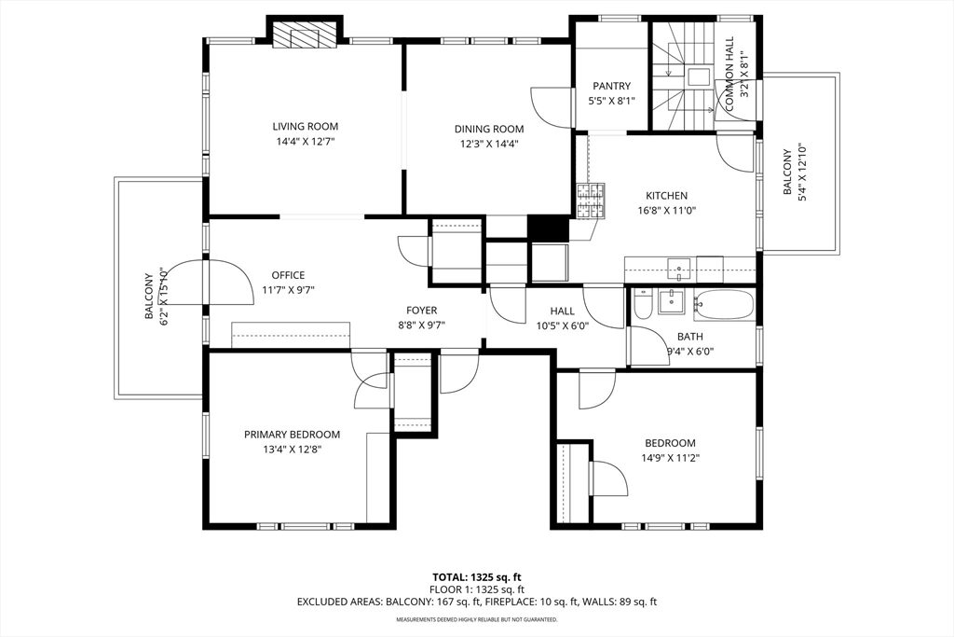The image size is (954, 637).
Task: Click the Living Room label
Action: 305,127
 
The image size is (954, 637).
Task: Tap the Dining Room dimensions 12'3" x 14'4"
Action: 489,145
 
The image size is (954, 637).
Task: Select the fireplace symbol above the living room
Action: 305,35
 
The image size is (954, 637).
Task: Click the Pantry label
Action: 611,87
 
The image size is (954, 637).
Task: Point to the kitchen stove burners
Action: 591,201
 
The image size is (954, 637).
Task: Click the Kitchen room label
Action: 666,196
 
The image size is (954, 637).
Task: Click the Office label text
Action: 288,275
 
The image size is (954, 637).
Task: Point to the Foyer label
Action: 422,311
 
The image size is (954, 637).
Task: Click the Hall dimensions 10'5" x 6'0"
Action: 562,325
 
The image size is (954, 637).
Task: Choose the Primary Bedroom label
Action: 292,435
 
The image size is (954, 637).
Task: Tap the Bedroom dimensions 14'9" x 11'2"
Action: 671,458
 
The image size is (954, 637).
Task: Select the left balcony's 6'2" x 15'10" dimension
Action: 162,296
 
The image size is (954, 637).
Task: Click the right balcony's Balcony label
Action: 786,173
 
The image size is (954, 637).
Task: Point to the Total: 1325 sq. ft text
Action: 477,577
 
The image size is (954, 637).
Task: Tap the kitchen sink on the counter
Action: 678,269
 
